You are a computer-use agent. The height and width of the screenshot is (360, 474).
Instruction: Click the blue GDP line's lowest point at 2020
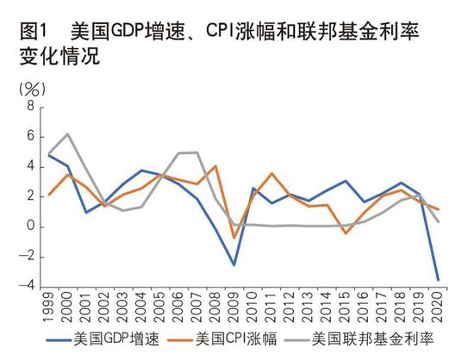pos(437,279)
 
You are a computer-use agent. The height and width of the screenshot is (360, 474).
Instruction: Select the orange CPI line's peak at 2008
pos(215,165)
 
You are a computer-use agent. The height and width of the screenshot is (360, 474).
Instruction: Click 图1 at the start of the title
pos(33,33)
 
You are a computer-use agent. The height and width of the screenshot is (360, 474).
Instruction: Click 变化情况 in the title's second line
pos(58,59)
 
